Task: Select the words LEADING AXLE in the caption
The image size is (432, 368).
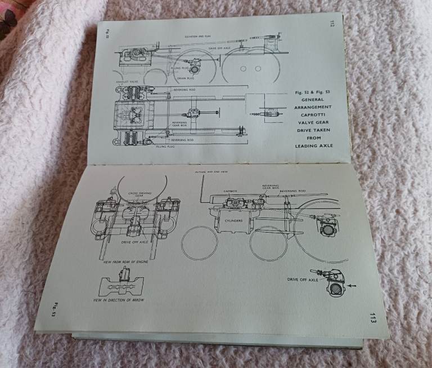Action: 314,145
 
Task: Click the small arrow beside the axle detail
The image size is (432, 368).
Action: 353,286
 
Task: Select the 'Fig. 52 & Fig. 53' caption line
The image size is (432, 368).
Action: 313,90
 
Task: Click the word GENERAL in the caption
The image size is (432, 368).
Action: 313,98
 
